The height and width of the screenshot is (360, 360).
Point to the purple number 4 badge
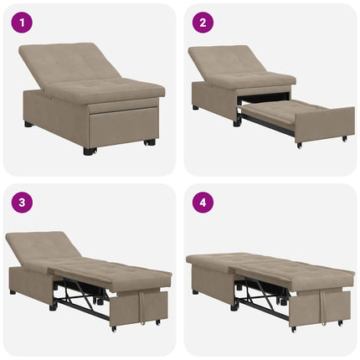tap(202, 202)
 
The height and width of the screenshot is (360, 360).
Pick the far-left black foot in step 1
tap(28, 124)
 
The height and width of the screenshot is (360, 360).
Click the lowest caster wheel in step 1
tap(90, 152)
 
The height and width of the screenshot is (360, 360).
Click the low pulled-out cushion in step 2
tap(276, 109)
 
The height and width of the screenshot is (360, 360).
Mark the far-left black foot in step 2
tap(195, 107)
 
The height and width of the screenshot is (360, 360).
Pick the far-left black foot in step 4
tap(195, 292)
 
